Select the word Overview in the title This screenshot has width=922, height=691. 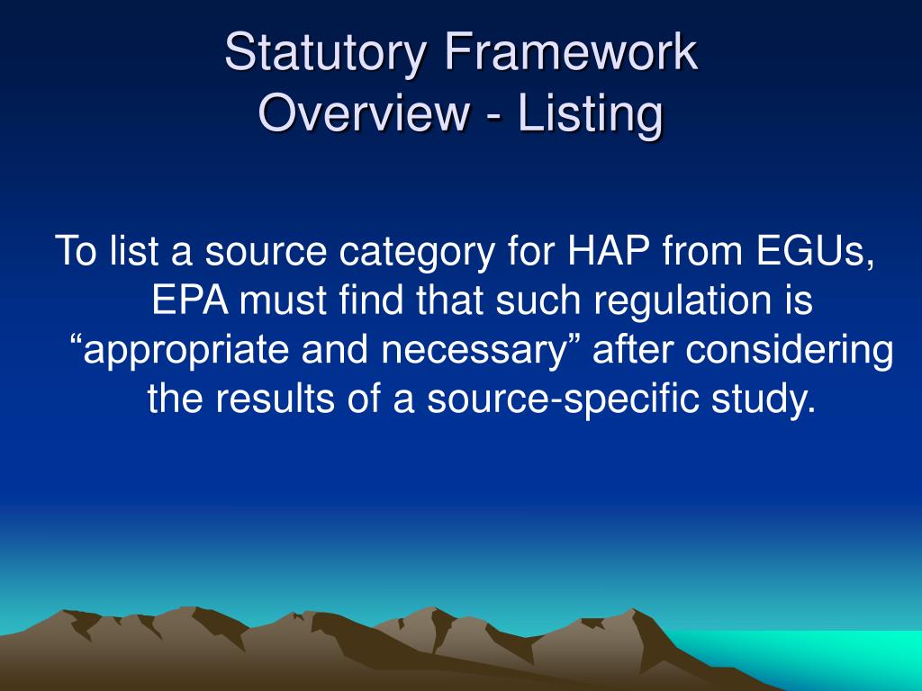363,114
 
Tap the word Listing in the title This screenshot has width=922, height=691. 591,114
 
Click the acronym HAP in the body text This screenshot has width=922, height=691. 610,253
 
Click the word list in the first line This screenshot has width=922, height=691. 135,253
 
